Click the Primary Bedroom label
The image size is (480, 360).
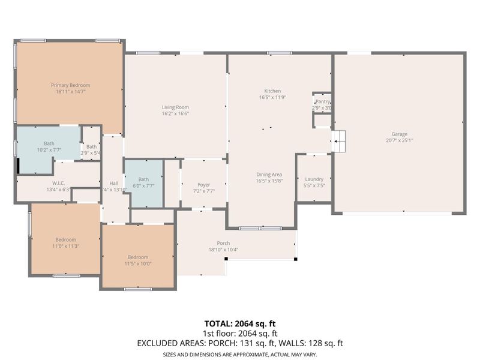(x=70, y=85)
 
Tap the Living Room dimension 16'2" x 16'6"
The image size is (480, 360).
(x=175, y=113)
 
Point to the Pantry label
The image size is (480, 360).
(x=323, y=102)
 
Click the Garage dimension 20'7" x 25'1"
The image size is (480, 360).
(x=400, y=140)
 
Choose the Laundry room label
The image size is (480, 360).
(x=314, y=179)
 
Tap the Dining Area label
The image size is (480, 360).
(x=269, y=174)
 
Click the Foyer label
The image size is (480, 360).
(x=203, y=185)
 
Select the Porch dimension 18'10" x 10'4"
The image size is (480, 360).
(x=223, y=250)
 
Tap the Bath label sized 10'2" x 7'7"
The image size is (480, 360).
(x=49, y=144)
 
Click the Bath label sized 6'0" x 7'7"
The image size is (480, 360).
(x=143, y=179)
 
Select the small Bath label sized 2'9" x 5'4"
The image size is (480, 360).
(x=91, y=146)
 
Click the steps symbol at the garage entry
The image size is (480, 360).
(x=340, y=142)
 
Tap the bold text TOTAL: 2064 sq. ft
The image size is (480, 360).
(x=239, y=323)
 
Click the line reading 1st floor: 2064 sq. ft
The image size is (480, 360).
(x=239, y=333)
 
